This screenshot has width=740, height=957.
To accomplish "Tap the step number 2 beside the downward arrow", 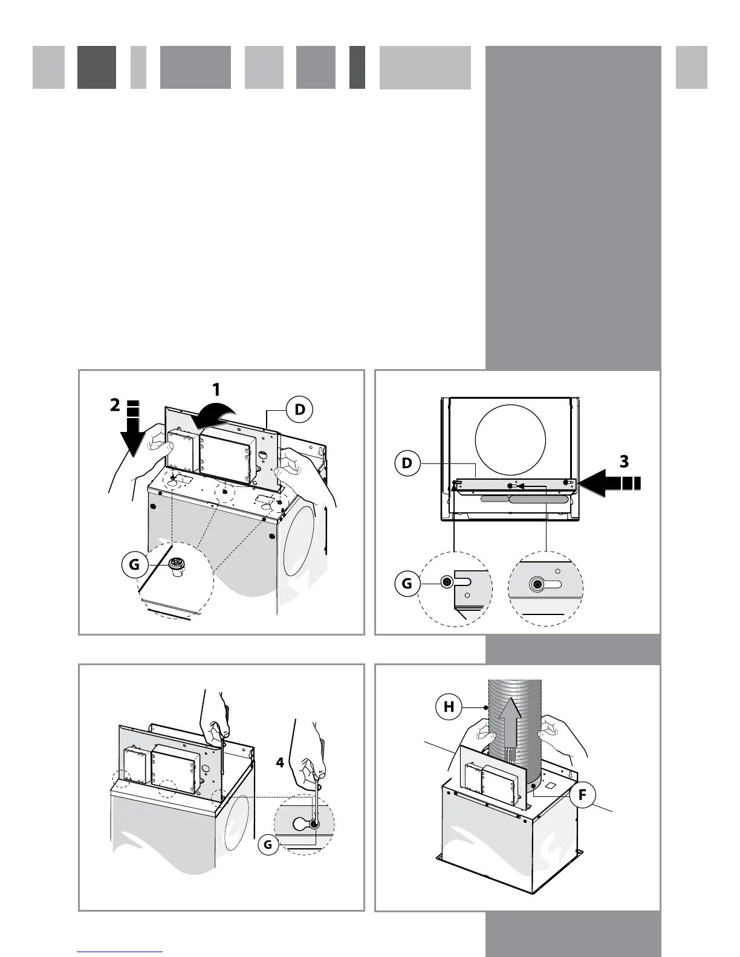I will [115, 405].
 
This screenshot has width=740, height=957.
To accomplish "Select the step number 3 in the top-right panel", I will [625, 462].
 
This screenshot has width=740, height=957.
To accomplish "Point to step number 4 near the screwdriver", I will [280, 762].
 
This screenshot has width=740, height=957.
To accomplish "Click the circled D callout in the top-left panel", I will [300, 410].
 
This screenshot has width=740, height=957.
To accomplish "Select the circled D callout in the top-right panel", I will [407, 463].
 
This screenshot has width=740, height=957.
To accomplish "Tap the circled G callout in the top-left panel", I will [134, 565].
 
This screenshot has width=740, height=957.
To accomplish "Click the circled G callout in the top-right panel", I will [407, 584].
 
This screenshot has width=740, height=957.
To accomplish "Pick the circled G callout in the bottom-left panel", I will [268, 845].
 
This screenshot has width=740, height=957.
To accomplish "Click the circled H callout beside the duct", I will [449, 706].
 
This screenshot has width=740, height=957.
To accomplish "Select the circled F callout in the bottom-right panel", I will [582, 794].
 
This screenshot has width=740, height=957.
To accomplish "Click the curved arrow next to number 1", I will [211, 414].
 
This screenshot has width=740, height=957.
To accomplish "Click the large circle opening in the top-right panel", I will [510, 440].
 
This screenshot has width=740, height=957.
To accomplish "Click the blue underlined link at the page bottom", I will [120, 951].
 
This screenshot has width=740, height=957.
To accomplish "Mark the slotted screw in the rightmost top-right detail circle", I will [536, 585].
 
